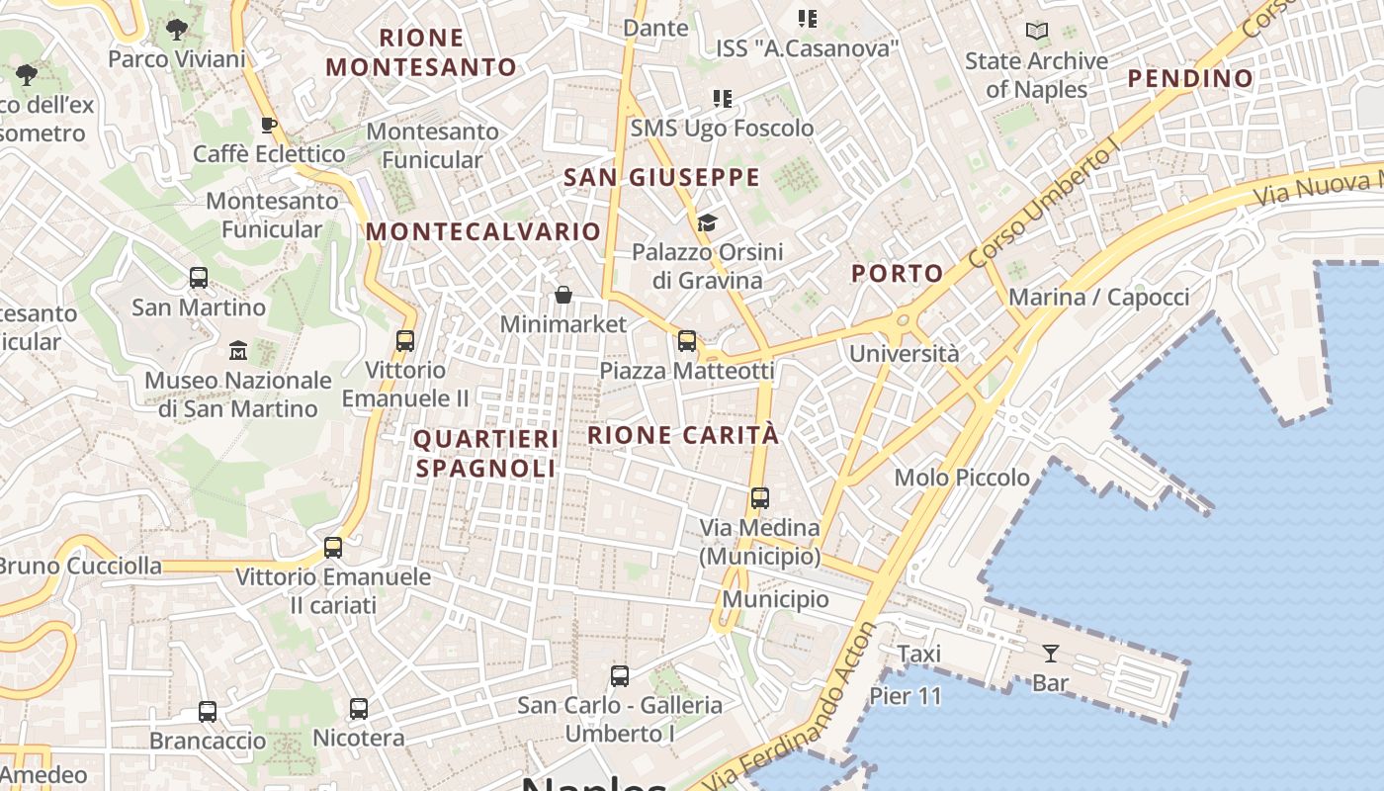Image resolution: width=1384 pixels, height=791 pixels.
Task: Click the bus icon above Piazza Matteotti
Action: (687, 342)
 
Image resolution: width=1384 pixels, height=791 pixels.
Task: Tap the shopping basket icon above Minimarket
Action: (562, 295)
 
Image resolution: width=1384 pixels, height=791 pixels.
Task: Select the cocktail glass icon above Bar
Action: (1050, 653)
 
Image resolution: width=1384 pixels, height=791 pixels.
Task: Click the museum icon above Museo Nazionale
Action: (238, 350)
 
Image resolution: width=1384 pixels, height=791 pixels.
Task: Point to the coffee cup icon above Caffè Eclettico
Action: (268, 125)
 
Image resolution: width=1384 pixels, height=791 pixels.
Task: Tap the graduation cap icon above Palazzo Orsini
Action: (706, 222)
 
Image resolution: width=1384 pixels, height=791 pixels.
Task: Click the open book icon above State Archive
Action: (1036, 32)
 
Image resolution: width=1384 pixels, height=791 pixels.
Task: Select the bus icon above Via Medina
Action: (759, 498)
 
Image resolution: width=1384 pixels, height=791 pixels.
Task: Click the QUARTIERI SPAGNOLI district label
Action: (485, 453)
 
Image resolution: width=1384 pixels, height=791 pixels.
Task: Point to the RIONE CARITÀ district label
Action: (683, 435)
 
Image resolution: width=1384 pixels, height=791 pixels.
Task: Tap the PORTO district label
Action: (898, 274)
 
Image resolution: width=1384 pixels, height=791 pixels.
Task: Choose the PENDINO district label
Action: (1190, 78)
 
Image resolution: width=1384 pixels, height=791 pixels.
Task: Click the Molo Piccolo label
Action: (961, 478)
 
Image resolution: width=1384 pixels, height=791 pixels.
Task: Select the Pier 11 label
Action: (906, 696)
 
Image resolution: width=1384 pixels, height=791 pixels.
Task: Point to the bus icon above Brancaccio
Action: (208, 712)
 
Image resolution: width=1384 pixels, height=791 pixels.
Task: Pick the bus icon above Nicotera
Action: (359, 709)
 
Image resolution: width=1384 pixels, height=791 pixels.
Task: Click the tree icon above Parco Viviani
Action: (177, 30)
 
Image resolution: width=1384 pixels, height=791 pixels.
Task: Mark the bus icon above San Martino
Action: (199, 278)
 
